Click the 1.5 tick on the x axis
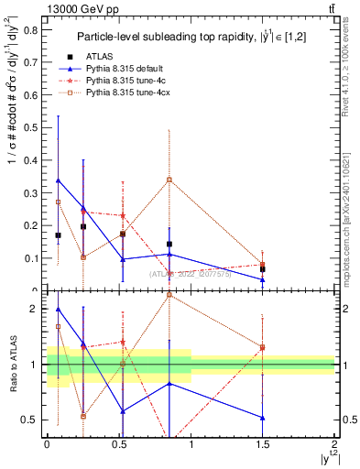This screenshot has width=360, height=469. click(x=263, y=442)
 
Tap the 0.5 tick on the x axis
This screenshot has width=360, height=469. click(x=119, y=442)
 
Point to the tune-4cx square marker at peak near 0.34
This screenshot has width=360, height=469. click(x=169, y=180)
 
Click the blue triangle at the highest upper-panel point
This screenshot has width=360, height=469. click(x=59, y=180)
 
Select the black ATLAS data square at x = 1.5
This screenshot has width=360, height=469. click(x=263, y=269)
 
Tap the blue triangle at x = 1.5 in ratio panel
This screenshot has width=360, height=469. click(x=263, y=418)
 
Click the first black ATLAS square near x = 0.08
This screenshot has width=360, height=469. click(x=59, y=235)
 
